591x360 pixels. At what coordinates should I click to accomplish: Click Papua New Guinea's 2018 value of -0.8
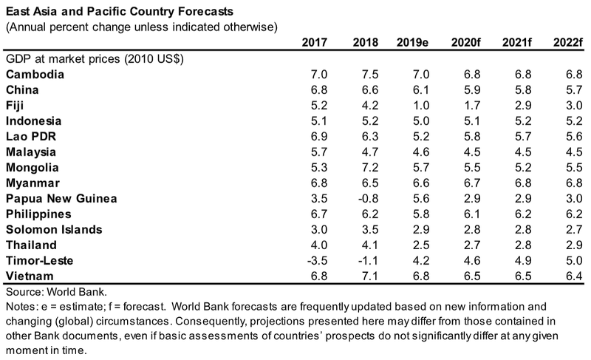(366, 198)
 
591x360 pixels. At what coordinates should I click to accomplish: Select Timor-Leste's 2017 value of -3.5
(316, 259)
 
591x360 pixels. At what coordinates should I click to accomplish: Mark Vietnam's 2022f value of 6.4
(571, 275)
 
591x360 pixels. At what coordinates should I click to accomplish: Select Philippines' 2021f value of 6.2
(520, 213)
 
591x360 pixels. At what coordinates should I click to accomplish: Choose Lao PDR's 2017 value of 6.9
(318, 136)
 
